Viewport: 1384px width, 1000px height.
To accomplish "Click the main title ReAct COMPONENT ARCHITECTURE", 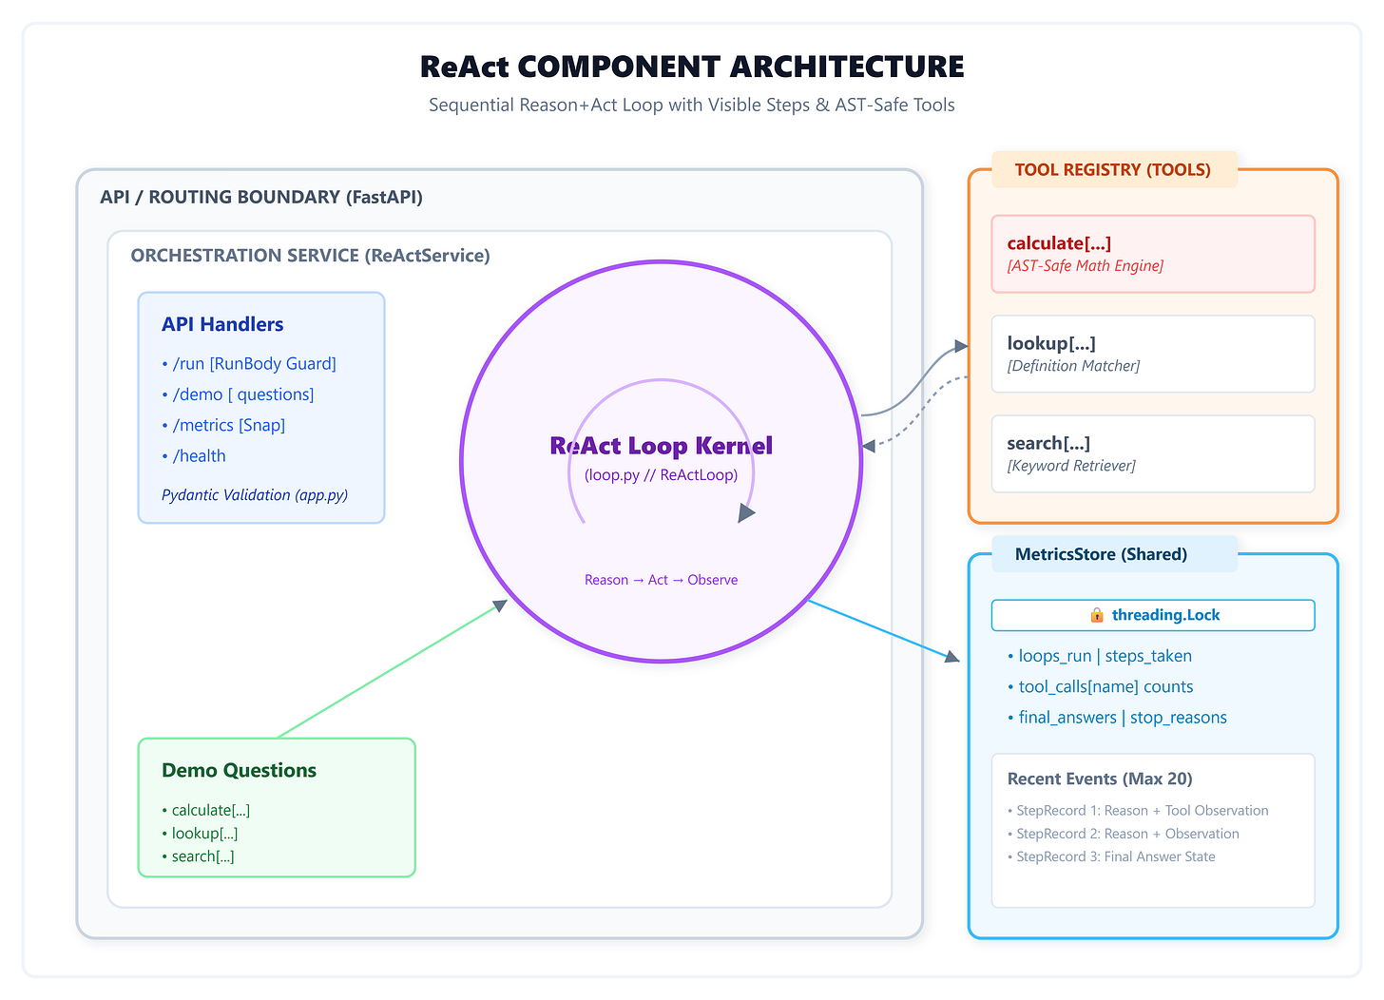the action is [x=691, y=67].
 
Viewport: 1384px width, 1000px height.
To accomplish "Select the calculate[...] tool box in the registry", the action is [x=1153, y=254].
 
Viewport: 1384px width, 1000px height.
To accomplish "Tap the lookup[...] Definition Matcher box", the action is [x=1153, y=354].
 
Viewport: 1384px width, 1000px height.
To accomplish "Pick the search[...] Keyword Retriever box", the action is [x=1153, y=453].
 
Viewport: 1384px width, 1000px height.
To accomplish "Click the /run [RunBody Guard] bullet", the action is [x=249, y=363].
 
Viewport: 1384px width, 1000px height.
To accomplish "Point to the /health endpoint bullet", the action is [x=193, y=456].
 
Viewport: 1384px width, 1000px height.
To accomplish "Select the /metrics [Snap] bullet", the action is [x=223, y=425].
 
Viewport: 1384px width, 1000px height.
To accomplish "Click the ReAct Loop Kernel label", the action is [x=662, y=446].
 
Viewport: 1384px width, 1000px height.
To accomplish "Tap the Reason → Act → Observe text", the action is [x=662, y=580].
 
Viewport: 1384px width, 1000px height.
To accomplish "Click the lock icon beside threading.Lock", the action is [x=1097, y=615].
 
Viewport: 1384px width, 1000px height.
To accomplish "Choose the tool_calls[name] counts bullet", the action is [x=1100, y=686].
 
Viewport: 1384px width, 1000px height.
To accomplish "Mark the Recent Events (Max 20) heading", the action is [x=1100, y=779].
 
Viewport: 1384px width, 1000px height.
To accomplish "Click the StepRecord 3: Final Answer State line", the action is [x=1111, y=856].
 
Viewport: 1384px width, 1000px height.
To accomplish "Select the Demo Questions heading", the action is [x=240, y=770].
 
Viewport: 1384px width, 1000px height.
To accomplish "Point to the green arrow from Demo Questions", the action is [x=393, y=669].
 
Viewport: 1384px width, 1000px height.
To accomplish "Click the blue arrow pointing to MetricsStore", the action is [x=884, y=631].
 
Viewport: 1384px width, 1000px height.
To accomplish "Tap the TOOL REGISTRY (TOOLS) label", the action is [x=1113, y=169].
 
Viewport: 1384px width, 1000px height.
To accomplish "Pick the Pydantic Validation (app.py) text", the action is [x=255, y=495].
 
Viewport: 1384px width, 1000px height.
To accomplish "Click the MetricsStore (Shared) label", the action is [x=1101, y=554].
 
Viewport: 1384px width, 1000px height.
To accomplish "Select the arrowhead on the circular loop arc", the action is [x=746, y=512].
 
